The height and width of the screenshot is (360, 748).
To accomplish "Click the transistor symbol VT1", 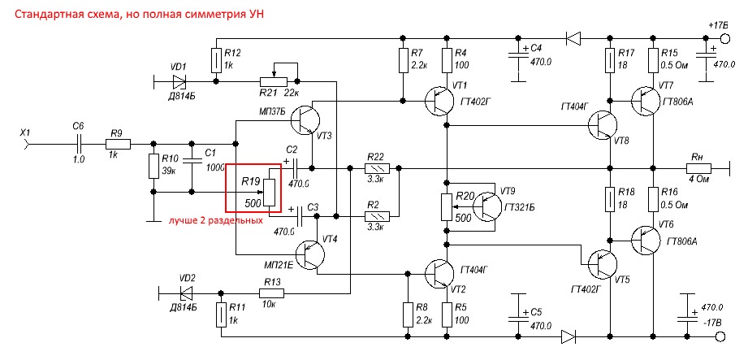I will (440, 101).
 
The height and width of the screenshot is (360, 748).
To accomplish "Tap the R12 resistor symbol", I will (216, 59).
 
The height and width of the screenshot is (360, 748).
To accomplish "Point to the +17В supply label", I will (718, 26).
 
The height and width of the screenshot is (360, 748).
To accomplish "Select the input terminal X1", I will (29, 144).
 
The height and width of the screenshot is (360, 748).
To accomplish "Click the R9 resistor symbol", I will (114, 144).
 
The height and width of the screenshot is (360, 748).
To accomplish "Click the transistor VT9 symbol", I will (490, 206).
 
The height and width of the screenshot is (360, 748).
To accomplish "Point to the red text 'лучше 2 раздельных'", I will (215, 220).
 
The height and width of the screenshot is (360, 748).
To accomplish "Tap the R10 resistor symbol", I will (152, 167).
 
